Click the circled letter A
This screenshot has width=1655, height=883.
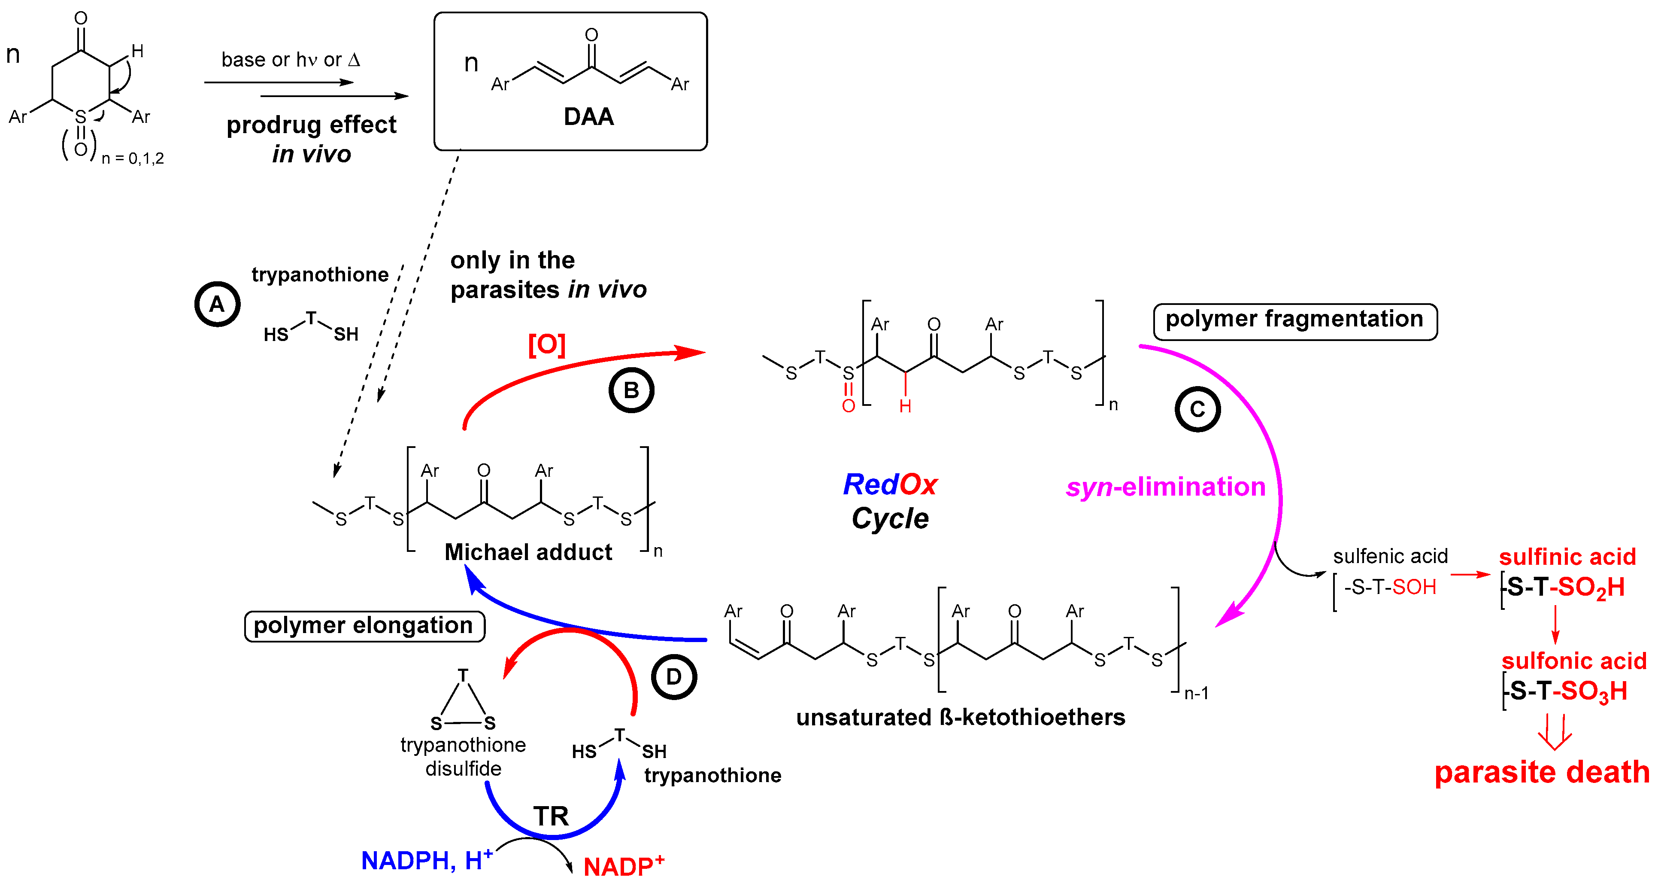[217, 304]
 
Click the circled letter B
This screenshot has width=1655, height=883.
[631, 390]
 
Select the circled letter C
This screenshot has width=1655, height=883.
[1197, 409]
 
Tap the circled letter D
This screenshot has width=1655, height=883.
[673, 677]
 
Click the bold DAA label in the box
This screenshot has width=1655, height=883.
[588, 117]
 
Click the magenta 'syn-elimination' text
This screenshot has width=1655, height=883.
[1165, 487]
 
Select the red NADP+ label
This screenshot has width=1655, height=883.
[623, 866]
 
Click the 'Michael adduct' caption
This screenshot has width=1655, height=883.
[528, 552]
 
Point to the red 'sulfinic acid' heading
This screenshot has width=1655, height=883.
[1567, 557]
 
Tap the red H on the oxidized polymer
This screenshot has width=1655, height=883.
[905, 406]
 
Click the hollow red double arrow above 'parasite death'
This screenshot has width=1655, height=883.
[1555, 733]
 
